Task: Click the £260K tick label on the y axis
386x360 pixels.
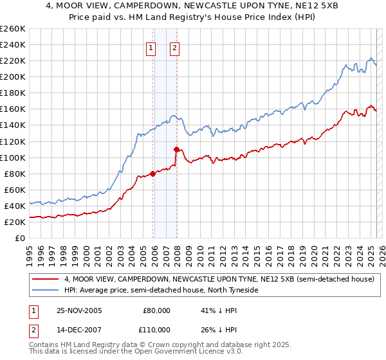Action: click(x=13, y=29)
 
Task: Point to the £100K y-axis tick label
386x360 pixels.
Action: click(x=13, y=157)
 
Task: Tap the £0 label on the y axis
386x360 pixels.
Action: click(x=21, y=238)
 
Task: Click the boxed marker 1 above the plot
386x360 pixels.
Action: click(x=151, y=47)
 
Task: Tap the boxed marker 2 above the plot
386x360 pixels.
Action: click(x=174, y=47)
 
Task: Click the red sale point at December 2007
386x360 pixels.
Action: click(x=176, y=149)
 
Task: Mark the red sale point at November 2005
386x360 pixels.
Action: click(x=153, y=173)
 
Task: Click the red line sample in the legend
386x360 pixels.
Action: click(x=45, y=279)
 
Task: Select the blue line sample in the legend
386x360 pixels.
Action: click(x=45, y=290)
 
